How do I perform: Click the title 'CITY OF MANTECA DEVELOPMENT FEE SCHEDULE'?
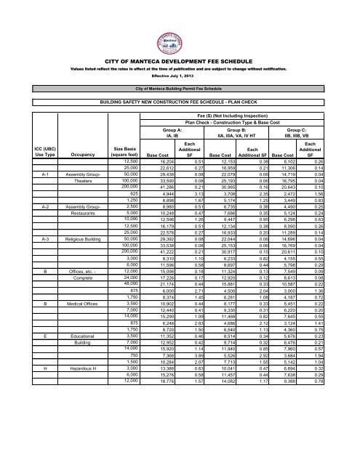pos(180,63)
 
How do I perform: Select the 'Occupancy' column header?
pos(65,154)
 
